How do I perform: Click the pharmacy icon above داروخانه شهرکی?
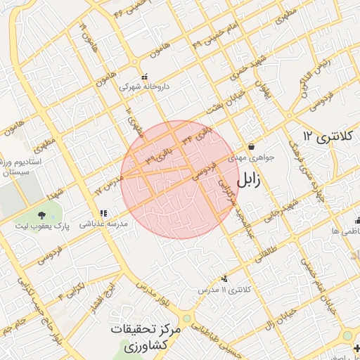tap(145, 77)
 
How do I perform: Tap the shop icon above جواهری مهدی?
tap(251, 147)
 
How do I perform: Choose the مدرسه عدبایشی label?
tap(103, 224)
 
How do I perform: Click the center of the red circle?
tap(180, 180)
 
